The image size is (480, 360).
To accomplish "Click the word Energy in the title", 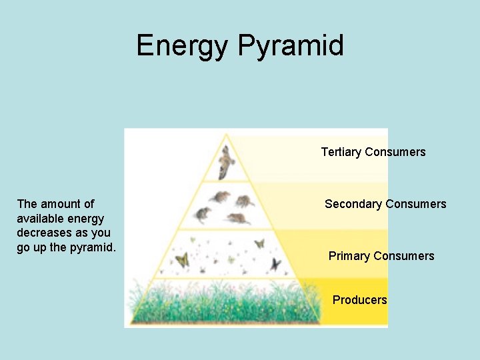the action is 182,46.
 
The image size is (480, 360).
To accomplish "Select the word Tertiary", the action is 341,152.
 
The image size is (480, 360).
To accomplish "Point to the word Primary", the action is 349,256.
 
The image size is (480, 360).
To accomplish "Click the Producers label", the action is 359,300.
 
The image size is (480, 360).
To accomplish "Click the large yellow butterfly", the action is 181,259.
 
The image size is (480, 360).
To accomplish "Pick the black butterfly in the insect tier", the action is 275,264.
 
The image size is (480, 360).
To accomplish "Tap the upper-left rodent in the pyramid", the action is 219,197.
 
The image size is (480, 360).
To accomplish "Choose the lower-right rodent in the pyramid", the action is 237,218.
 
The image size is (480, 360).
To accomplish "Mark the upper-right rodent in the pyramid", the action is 244,200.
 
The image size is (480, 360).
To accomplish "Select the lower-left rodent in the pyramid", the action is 201,215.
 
